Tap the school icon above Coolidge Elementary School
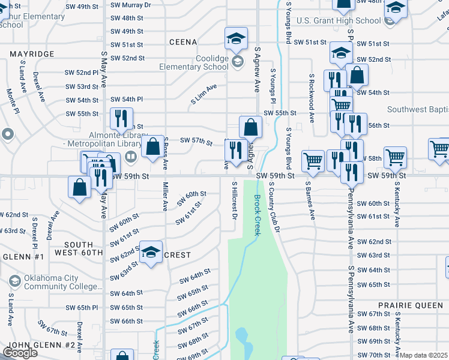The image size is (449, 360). [237, 39]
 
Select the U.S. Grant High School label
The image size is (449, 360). [339, 20]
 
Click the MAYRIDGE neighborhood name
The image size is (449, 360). [32, 54]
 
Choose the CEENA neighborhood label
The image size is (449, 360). [183, 42]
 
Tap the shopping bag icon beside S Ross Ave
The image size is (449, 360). [153, 146]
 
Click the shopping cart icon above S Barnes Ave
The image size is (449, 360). [313, 160]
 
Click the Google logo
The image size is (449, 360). [20, 353]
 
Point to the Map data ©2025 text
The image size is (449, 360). [424, 355]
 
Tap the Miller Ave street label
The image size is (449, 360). [165, 197]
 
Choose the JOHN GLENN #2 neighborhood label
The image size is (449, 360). [41, 346]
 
